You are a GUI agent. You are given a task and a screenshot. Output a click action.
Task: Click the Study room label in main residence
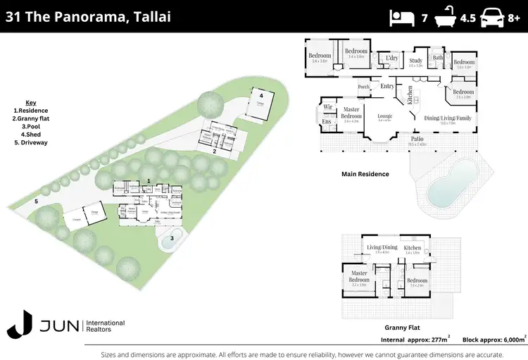pos(415,61)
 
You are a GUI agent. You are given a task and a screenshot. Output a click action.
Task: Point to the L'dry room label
pos(391,58)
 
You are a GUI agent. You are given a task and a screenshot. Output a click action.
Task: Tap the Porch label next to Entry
pos(364,87)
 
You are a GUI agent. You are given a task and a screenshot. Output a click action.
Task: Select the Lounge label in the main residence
pos(384,115)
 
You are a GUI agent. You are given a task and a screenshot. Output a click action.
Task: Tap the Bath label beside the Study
pos(438,58)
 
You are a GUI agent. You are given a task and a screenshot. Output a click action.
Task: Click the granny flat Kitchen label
pos(412,248)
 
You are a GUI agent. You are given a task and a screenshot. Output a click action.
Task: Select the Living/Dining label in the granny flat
pos(381,248)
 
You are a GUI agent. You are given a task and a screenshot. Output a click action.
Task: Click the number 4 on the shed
pos(260,94)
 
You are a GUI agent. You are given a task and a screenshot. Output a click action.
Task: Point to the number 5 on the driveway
pos(36,201)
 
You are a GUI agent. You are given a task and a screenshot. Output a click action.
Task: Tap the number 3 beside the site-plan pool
pos(171,238)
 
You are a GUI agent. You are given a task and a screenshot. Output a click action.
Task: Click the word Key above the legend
pos(30,102)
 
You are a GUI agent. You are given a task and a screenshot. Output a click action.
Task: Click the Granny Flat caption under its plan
pos(403,328)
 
